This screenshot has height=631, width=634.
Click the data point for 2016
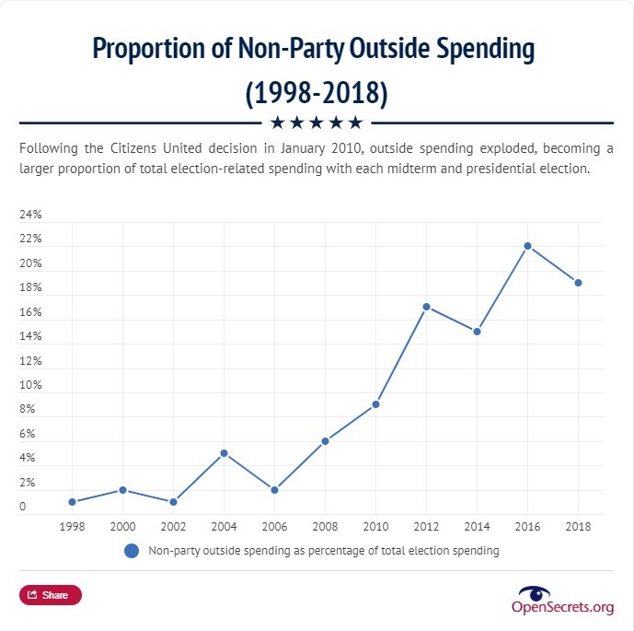527,246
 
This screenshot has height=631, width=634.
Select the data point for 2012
426,307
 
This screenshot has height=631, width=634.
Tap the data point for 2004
224,453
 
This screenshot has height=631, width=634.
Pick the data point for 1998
72,502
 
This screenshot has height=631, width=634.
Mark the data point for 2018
578,283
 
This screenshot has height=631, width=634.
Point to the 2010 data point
375,404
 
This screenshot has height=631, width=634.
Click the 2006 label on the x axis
274,527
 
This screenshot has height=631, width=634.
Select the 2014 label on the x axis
477,527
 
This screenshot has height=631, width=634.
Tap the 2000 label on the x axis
122,527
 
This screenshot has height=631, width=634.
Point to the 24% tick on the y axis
31,215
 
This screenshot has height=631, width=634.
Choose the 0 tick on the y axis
23,507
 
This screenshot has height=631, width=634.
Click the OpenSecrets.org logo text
562,606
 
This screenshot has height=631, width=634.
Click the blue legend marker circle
132,551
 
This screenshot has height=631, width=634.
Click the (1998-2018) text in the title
317,92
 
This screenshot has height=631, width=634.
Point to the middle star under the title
316,123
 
